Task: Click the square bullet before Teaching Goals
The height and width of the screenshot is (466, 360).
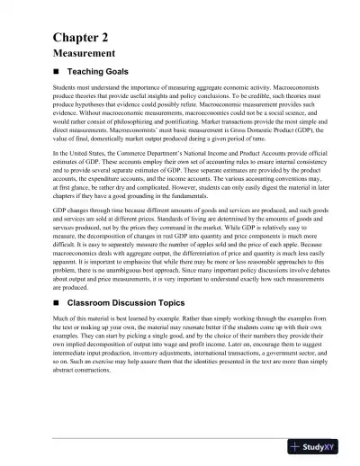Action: tap(58, 71)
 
